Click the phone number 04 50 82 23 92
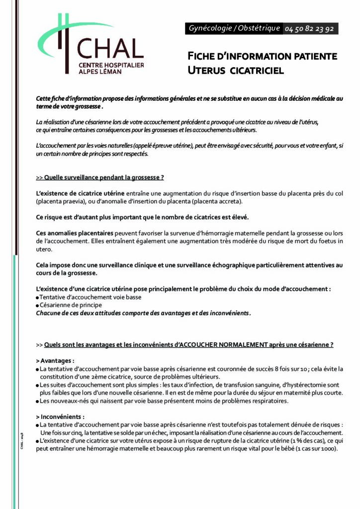click(x=309, y=29)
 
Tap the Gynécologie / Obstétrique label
click(x=234, y=29)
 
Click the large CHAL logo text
click(x=110, y=49)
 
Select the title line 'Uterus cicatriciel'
click(x=235, y=71)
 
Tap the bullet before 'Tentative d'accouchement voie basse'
click(x=38, y=298)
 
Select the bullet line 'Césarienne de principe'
click(x=71, y=305)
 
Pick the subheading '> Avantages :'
click(x=55, y=360)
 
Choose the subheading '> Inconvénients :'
click(x=60, y=417)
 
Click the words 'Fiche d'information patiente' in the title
click(x=262, y=56)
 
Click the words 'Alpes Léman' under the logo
click(x=100, y=72)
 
